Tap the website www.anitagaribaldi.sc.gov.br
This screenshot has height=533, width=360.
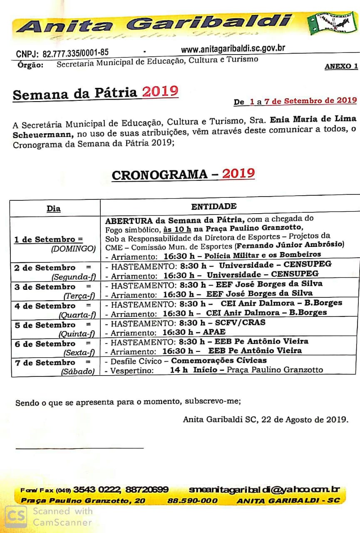(x=233, y=49)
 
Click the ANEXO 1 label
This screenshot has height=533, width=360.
(x=341, y=66)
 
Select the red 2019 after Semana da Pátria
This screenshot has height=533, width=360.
(x=160, y=91)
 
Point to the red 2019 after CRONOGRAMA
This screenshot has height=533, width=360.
(x=238, y=173)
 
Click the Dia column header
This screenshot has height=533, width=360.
(x=54, y=209)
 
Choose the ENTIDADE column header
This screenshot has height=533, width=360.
(x=214, y=206)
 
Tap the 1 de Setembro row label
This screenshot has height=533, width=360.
(x=48, y=239)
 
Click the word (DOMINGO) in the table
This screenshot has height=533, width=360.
(x=73, y=249)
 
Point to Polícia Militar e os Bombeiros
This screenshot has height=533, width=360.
(x=263, y=254)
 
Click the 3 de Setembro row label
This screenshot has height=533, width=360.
(x=45, y=287)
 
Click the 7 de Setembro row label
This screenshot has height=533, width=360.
(x=45, y=363)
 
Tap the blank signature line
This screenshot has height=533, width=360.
(x=79, y=448)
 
